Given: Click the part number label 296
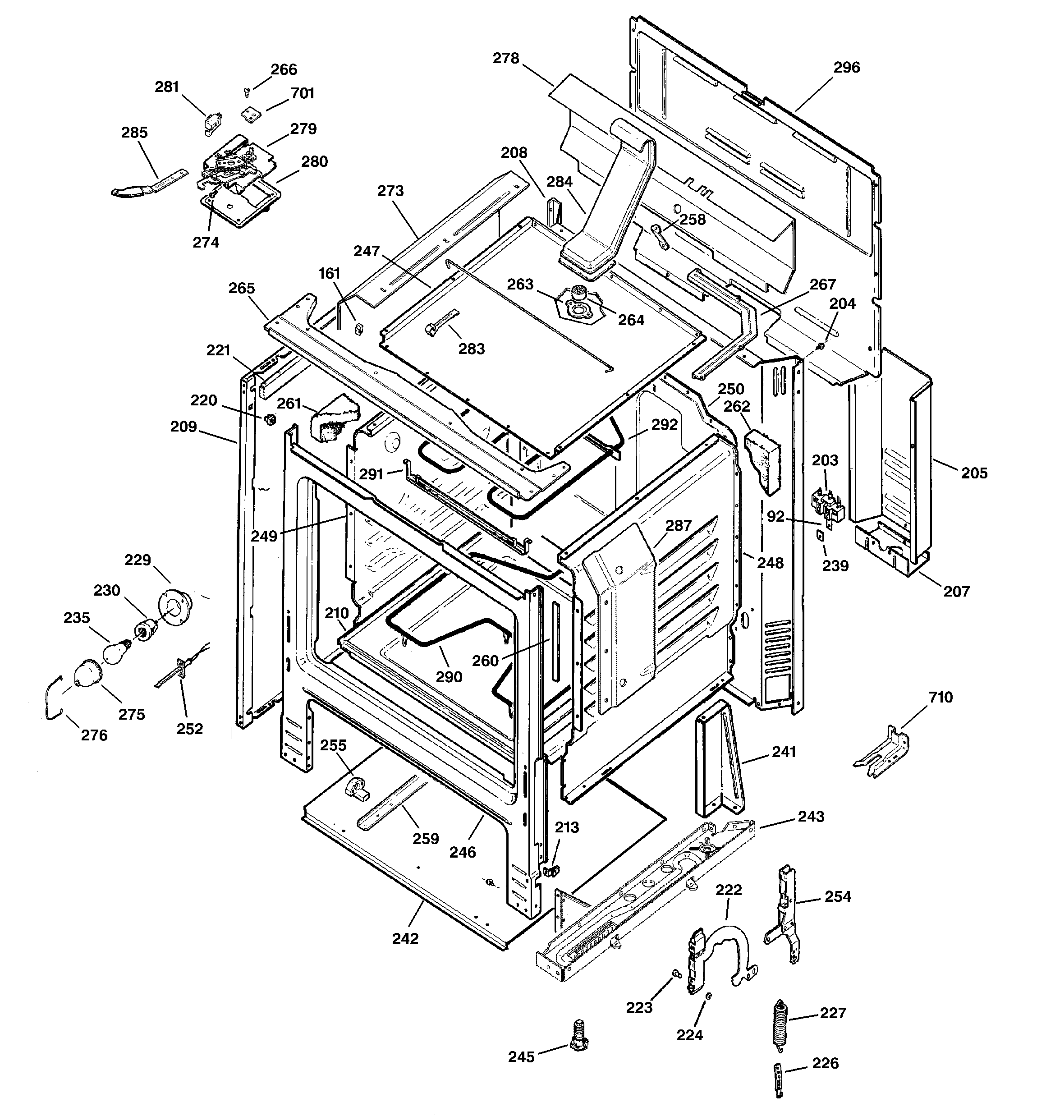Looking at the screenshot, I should [x=846, y=67].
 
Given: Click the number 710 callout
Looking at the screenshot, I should [x=940, y=697].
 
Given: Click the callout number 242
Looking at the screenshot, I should [x=405, y=939].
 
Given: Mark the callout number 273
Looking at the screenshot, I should [x=390, y=191].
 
